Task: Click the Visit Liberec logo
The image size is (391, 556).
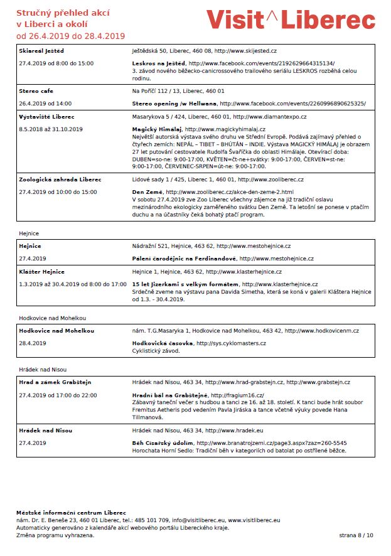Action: pyautogui.click(x=291, y=19)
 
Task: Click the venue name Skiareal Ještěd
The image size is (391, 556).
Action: pyautogui.click(x=41, y=50)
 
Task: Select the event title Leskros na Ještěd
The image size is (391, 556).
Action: pyautogui.click(x=159, y=63)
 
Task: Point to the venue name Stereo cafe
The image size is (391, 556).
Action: pyautogui.click(x=36, y=90)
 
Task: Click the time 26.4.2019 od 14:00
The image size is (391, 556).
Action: pyautogui.click(x=45, y=104)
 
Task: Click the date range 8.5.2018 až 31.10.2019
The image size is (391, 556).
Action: pyautogui.click(x=51, y=129)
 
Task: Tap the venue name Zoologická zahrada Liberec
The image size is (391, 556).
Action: pyautogui.click(x=56, y=179)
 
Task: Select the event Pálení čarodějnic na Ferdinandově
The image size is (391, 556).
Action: pyautogui.click(x=184, y=259)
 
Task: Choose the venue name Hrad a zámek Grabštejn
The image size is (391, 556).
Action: pyautogui.click(x=55, y=382)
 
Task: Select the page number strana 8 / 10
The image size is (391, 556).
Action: pyautogui.click(x=356, y=535)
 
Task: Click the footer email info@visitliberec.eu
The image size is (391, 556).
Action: pyautogui.click(x=199, y=520)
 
